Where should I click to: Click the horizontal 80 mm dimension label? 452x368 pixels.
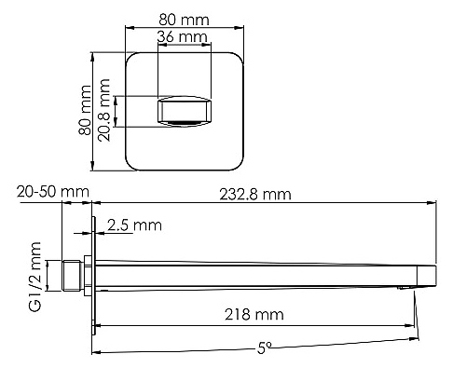coord(184,20)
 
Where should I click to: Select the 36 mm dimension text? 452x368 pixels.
coord(182,37)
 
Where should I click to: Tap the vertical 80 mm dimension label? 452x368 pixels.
coord(85,110)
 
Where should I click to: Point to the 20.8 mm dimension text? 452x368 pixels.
coord(104,110)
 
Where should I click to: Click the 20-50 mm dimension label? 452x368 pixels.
coord(53,192)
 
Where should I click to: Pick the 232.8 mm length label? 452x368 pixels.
coord(255,195)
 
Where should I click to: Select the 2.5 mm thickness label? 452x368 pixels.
coord(134,225)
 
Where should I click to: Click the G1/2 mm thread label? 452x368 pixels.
coord(34,277)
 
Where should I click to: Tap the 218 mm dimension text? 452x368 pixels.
coord(254,315)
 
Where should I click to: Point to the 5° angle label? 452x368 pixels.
coord(265,348)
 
